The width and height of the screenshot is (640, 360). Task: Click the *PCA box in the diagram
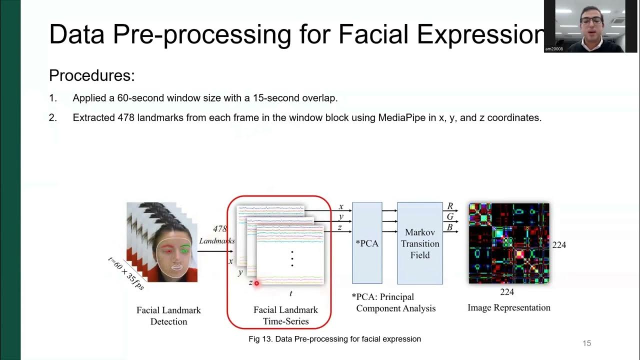pos(367,243)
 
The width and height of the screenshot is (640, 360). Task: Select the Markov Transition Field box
pos(420,243)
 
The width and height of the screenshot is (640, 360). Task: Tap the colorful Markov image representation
pos(509,243)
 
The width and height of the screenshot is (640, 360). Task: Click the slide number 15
pos(586,343)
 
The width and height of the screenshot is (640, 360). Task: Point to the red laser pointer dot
pos(256,283)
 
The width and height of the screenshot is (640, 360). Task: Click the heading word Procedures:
pos(92,76)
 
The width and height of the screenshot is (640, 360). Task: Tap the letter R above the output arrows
pos(450,206)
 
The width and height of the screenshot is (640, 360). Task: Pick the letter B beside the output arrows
pos(450,227)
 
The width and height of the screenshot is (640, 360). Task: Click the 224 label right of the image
pos(559,245)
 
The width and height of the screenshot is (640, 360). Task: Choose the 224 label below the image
pos(507,292)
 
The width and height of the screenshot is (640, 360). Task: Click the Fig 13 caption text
pos(334,339)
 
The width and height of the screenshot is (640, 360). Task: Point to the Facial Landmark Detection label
pos(168,315)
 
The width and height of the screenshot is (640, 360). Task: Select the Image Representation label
pos(509,307)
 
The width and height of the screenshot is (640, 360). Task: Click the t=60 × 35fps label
pos(126,273)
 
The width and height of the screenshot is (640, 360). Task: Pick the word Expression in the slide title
pos(480,34)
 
